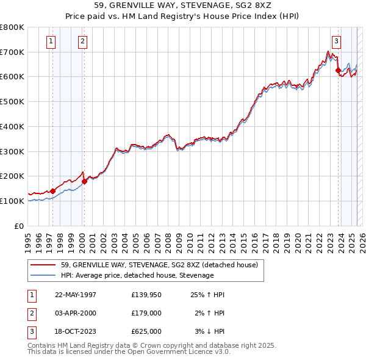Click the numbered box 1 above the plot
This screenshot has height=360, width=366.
50,41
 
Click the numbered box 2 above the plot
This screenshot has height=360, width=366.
82,41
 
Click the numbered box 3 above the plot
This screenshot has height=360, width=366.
336,41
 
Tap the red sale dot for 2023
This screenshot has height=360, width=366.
338,71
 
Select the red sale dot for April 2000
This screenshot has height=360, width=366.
84,181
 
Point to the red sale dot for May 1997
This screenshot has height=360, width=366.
52,191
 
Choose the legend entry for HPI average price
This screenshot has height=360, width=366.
137,275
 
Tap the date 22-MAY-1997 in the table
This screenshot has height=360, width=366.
76,295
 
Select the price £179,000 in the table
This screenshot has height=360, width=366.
146,313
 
